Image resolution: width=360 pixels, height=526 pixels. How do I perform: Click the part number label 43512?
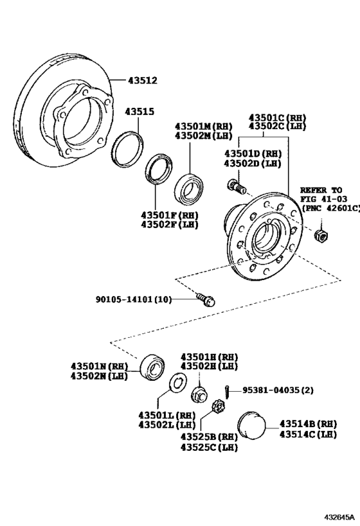coord(142,80)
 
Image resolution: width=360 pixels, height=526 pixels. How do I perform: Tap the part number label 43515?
coord(139,111)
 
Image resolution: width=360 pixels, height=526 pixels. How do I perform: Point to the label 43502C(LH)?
coord(278,127)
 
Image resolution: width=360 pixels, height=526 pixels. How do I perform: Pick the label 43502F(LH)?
coord(170,224)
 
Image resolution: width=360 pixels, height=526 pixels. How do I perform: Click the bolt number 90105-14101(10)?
coord(134,299)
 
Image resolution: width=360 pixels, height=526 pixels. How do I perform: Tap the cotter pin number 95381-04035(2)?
coord(279,390)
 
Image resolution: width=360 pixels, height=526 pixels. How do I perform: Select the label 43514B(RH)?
coord(307,424)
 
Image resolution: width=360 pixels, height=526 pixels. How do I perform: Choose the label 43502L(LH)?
coord(166,425)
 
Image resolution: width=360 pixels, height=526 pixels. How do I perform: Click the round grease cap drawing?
coord(250,425)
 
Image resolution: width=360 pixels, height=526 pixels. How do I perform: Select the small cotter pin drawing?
coord(228,390)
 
